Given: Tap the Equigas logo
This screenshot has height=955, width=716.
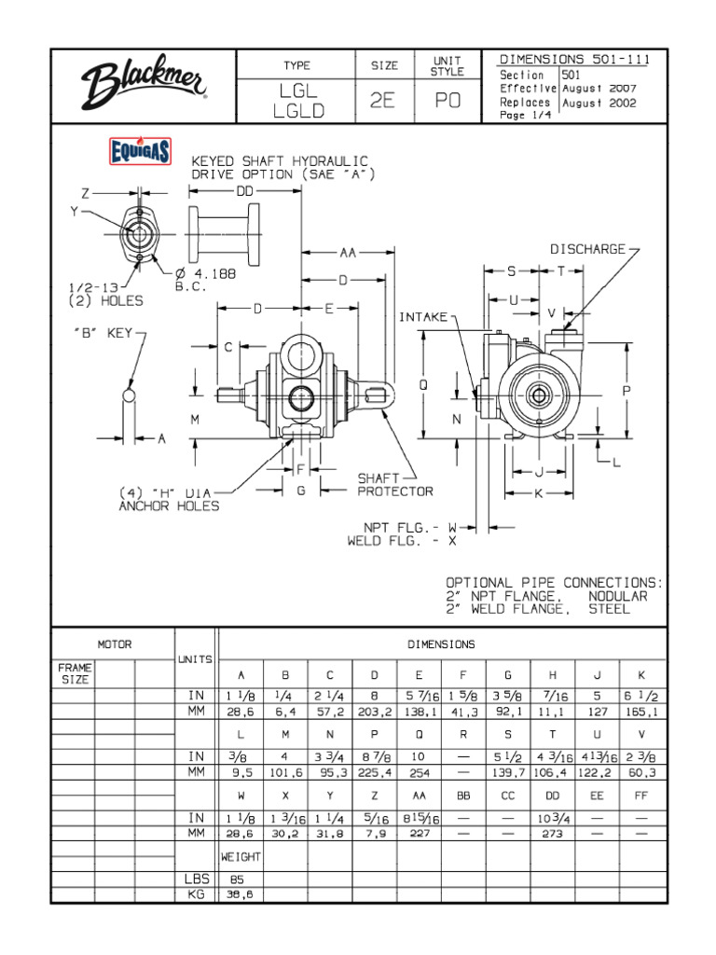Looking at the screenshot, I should (x=140, y=151).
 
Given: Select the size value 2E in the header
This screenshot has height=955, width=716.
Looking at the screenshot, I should (x=381, y=102).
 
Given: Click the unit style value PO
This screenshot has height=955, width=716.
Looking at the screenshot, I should (x=447, y=102).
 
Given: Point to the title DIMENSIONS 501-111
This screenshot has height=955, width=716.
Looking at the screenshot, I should (x=574, y=60).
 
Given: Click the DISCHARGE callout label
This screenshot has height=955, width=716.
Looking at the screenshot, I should (x=587, y=250).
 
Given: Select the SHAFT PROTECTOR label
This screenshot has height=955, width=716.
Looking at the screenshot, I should (x=395, y=484).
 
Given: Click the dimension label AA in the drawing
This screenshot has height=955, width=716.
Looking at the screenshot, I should (x=347, y=252).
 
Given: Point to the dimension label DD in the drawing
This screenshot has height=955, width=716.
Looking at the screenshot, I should (x=245, y=190).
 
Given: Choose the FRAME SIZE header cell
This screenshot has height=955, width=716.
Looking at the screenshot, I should (x=74, y=674).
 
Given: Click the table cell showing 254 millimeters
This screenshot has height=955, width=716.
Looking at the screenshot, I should (x=418, y=773).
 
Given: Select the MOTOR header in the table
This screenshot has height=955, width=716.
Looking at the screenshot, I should (x=115, y=644).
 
